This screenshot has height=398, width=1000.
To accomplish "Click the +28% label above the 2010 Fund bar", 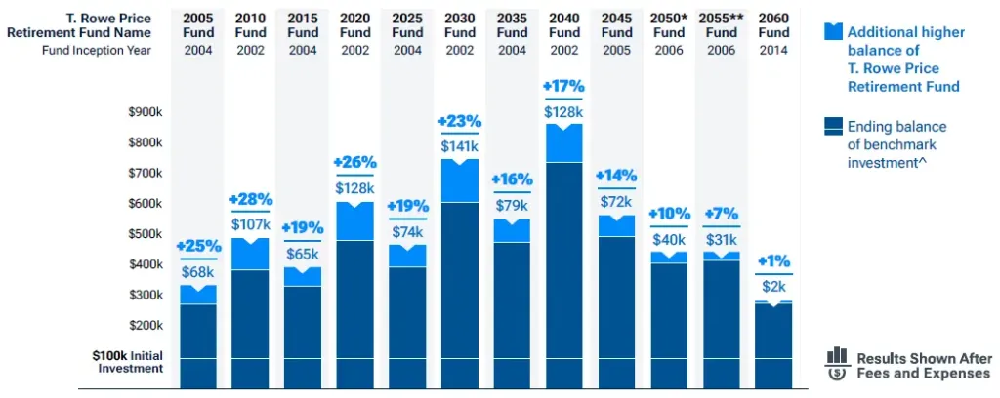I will coord(250,199).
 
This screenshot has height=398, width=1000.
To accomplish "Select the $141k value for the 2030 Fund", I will coord(460,144).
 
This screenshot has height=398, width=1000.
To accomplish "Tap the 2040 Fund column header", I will coord(564,25).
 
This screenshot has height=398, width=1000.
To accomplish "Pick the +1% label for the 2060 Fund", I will coord(773,261).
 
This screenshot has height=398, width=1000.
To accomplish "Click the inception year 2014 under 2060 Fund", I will coord(773,51).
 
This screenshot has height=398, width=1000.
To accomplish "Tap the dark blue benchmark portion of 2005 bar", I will coord(198,332).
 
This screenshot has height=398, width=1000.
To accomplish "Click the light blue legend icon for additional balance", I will coord(832,31).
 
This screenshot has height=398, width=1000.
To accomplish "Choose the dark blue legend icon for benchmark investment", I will coord(832,126).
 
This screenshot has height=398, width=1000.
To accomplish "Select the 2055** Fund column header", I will coord(722,25).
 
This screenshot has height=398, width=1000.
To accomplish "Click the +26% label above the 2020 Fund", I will coord(354,162).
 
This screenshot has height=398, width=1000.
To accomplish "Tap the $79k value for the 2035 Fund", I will coord(512,205).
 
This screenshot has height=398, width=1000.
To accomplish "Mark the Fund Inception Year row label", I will coord(97,51).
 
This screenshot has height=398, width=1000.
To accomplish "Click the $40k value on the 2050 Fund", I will coord(669,239).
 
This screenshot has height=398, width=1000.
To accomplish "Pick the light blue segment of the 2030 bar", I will coord(460,181).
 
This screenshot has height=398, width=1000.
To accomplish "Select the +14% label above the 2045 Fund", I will coord(616,176).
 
